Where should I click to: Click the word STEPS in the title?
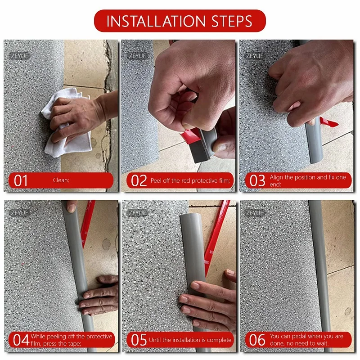(x=231, y=21)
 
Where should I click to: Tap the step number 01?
(x=21, y=181)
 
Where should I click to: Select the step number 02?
(x=139, y=181)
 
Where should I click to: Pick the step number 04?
(x=21, y=340)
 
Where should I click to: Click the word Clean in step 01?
(x=60, y=180)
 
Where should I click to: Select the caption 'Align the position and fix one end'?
(x=308, y=180)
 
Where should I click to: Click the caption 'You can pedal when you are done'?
(x=306, y=340)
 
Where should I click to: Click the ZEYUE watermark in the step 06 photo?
(x=255, y=212)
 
